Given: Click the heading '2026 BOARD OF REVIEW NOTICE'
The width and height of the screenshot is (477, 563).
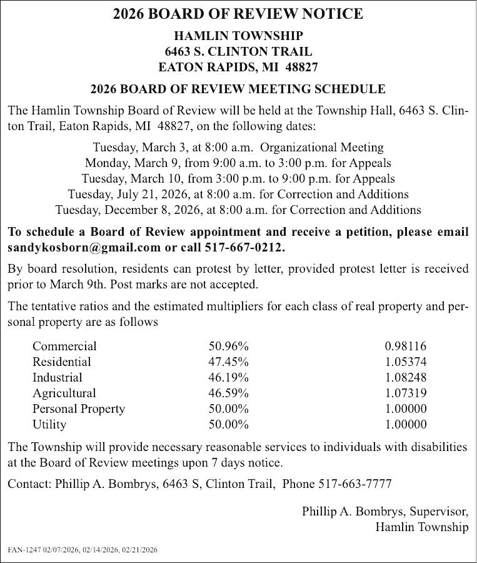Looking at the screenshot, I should [x=238, y=14].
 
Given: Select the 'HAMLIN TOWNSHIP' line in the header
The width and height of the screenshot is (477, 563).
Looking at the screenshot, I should [x=238, y=36].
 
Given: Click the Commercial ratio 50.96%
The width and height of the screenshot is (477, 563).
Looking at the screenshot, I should [x=228, y=346].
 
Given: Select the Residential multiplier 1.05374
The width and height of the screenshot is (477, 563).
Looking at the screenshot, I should [x=406, y=362].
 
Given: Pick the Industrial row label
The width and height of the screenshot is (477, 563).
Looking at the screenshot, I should [x=57, y=377].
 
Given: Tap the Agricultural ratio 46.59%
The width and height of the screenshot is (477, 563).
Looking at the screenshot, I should [x=228, y=393].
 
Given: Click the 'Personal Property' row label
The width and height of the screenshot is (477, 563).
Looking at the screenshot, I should [x=78, y=408].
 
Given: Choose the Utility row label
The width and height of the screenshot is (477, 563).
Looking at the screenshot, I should [x=49, y=424].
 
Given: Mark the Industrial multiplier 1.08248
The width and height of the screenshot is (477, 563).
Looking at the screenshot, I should [x=406, y=377].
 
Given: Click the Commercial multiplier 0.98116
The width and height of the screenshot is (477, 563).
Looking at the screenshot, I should [x=406, y=346].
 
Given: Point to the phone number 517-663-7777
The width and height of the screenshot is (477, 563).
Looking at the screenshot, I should [x=355, y=484].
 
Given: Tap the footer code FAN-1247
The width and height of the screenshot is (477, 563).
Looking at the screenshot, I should [x=23, y=550].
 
